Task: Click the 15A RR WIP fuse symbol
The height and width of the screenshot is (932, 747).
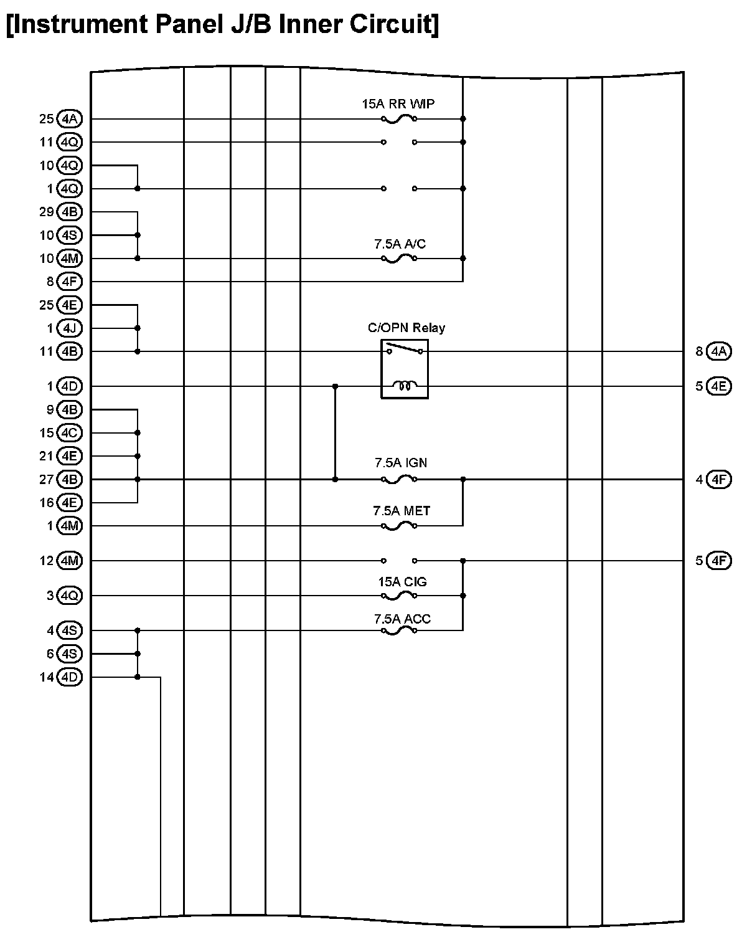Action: click(x=398, y=118)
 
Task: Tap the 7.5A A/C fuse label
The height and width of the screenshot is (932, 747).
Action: click(x=400, y=244)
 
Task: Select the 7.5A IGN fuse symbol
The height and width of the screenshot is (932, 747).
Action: click(x=398, y=480)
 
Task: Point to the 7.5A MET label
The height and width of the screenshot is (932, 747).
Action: click(x=402, y=511)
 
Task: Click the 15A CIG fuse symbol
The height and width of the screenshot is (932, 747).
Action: click(x=398, y=596)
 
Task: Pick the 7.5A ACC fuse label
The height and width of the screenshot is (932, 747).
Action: click(x=402, y=619)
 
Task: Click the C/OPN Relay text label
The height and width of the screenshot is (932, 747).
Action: click(x=406, y=328)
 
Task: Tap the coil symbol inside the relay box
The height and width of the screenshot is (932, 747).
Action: click(x=405, y=386)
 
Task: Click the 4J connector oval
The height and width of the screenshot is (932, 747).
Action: click(x=69, y=328)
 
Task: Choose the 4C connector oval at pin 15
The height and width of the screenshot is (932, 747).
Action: click(x=69, y=433)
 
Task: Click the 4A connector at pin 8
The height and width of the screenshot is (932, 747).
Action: click(x=719, y=351)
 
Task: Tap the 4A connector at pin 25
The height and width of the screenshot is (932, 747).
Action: click(x=69, y=118)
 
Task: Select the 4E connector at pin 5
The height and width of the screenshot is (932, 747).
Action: click(x=719, y=386)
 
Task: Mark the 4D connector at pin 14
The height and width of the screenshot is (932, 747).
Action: click(x=69, y=677)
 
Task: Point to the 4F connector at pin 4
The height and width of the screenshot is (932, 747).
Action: click(x=719, y=480)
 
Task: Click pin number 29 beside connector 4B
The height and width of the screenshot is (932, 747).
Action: click(x=47, y=212)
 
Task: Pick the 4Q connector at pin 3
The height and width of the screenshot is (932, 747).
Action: click(x=69, y=596)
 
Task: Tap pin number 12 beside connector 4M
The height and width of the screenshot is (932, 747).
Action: click(x=47, y=561)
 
